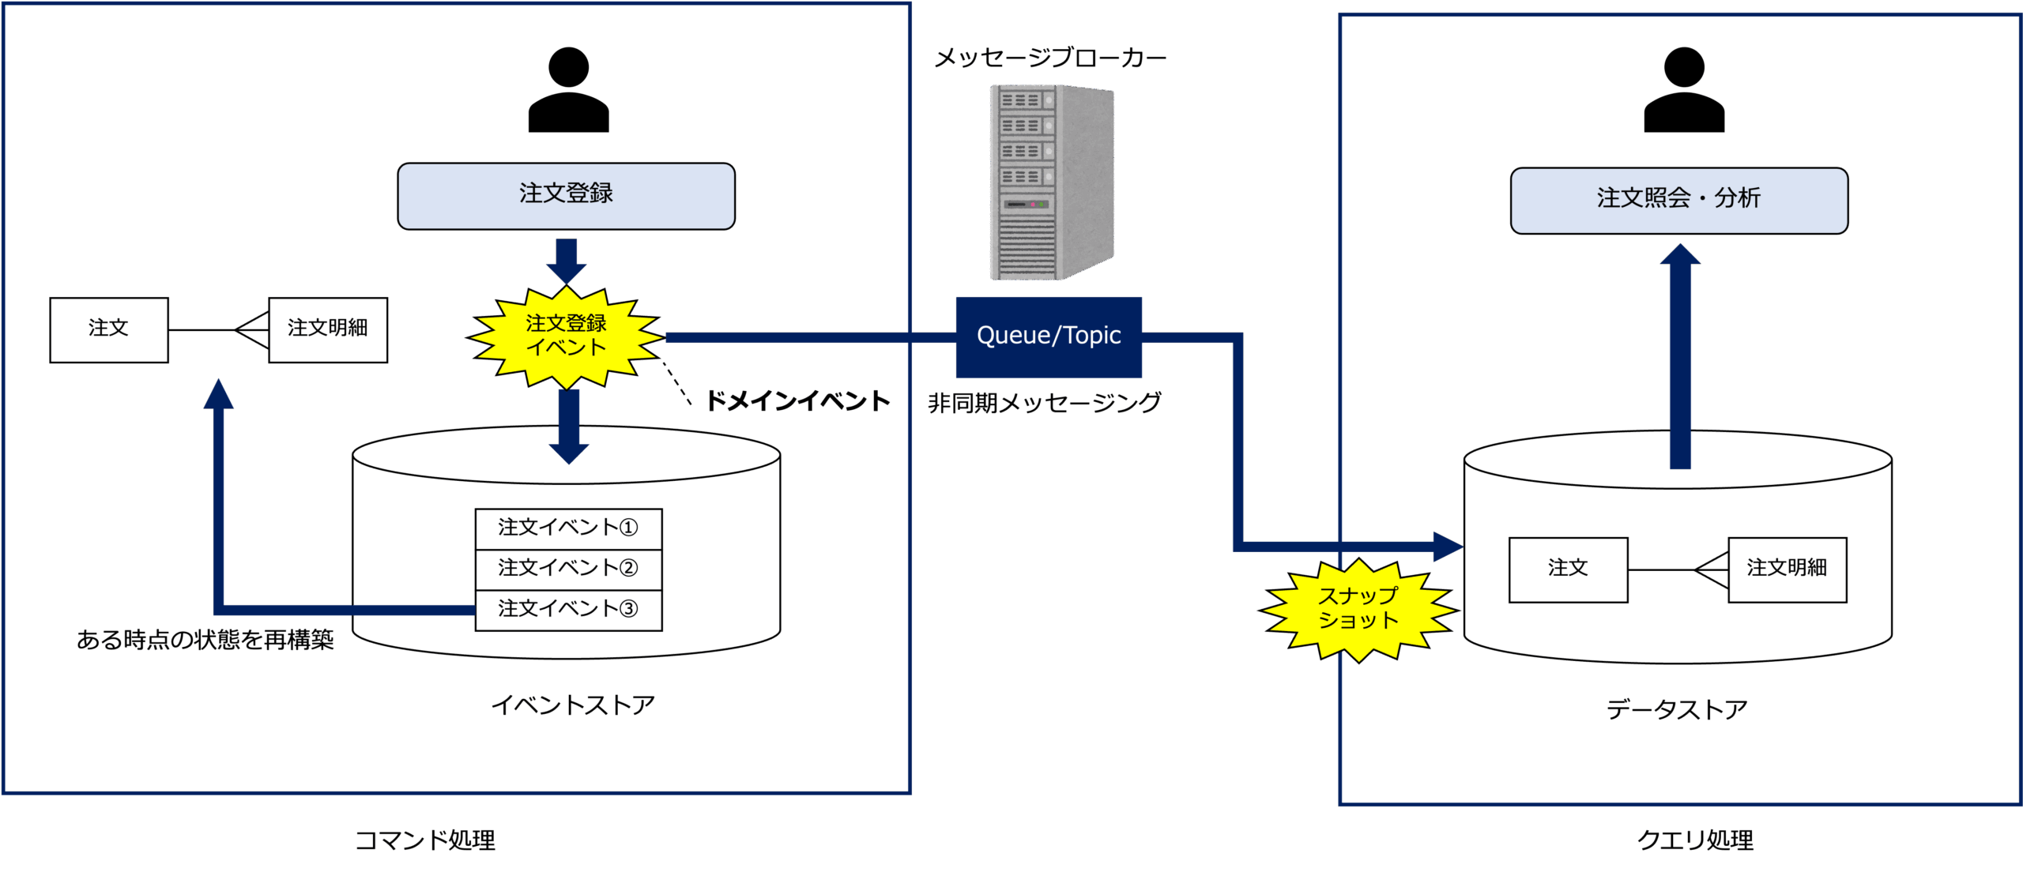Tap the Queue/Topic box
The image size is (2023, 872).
point(1049,336)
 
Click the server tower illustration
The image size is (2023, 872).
point(1051,182)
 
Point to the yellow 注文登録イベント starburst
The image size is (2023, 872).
point(566,336)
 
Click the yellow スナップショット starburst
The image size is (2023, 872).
point(1358,609)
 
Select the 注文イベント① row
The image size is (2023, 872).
point(568,528)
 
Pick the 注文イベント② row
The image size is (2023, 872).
point(568,569)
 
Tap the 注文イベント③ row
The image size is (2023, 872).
point(568,610)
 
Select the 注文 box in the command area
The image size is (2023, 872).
point(109,329)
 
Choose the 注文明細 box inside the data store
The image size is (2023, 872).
point(1787,569)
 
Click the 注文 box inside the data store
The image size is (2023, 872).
point(1568,569)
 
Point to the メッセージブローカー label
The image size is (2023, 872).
point(1049,58)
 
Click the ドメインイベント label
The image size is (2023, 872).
point(797,401)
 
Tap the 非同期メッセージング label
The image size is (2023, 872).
point(1044,404)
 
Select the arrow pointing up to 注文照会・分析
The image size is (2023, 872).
point(1680,355)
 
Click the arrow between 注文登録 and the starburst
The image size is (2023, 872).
point(567,261)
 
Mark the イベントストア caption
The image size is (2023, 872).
point(573,705)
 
